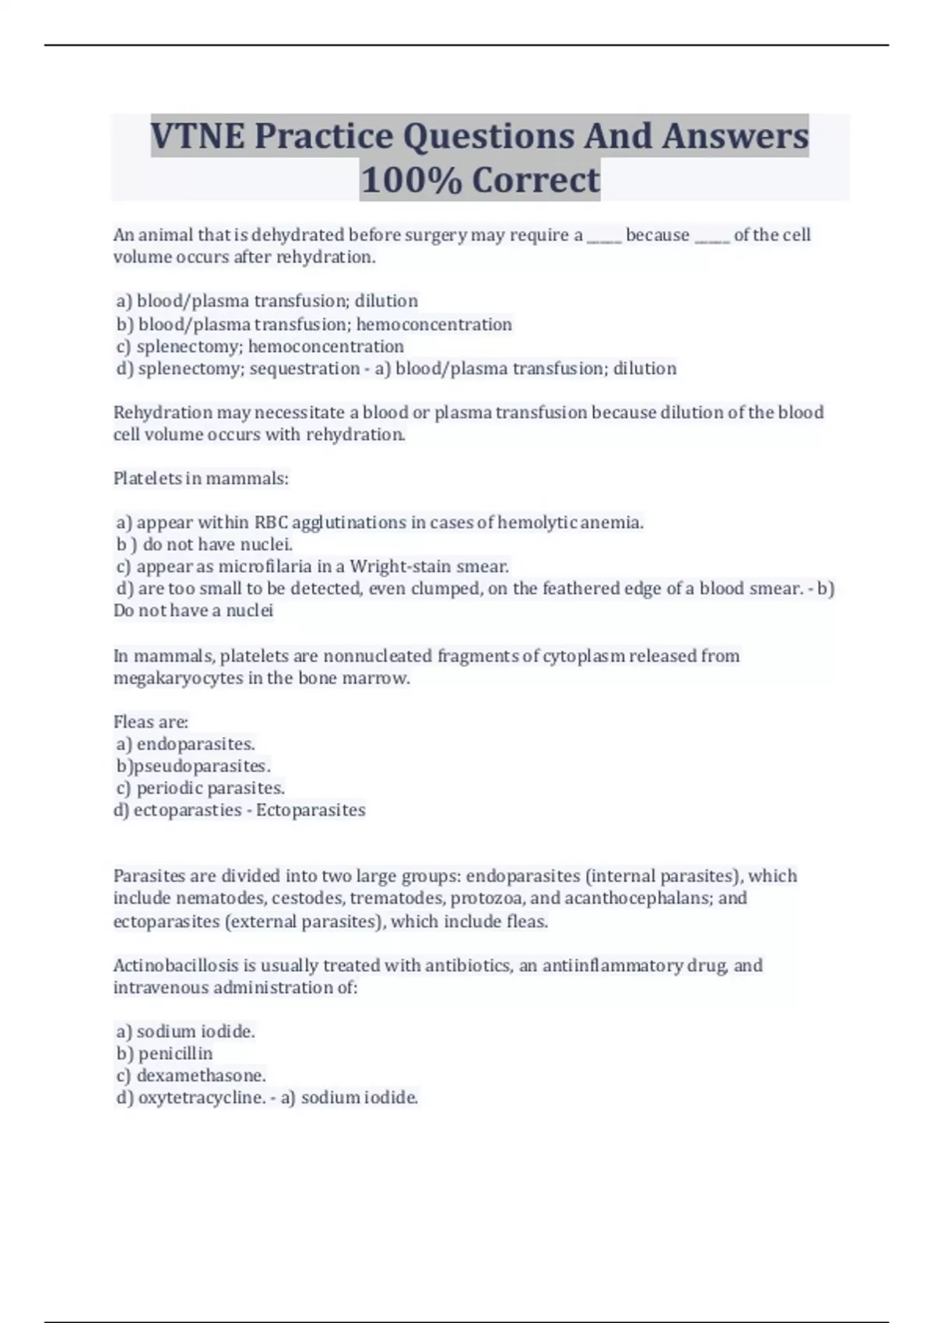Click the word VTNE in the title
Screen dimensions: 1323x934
coord(197,136)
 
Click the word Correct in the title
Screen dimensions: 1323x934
coord(536,181)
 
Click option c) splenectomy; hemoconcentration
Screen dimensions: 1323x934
coord(260,346)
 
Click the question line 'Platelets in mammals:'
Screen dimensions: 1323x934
coord(201,479)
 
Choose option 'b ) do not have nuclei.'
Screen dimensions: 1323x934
coord(205,545)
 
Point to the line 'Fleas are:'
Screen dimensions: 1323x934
coord(151,722)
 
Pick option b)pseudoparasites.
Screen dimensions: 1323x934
coord(194,767)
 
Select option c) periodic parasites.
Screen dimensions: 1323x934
coord(201,788)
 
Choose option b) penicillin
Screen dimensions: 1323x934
coord(164,1054)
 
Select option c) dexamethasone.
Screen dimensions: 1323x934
coord(191,1076)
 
